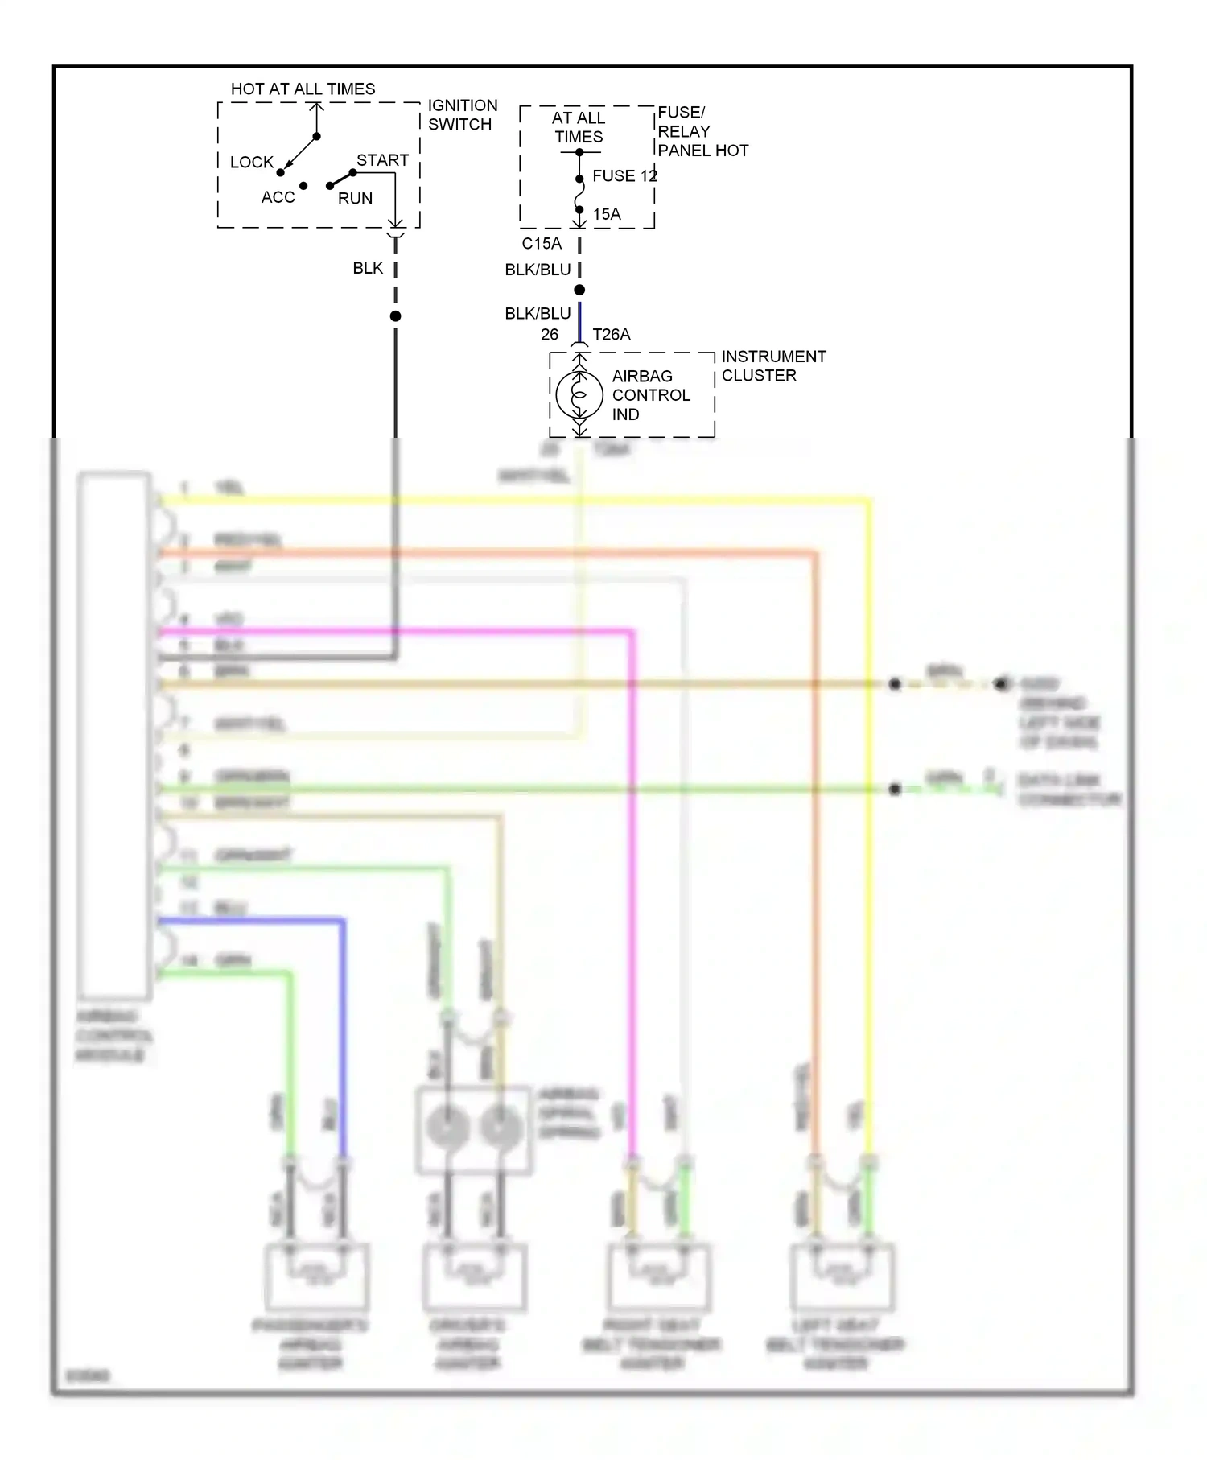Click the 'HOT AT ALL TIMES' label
(x=303, y=89)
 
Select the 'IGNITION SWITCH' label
(x=462, y=114)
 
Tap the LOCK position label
(x=251, y=162)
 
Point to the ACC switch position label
(x=278, y=197)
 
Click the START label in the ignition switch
(x=382, y=160)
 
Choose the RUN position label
(x=355, y=198)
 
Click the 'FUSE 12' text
(x=624, y=175)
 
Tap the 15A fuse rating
(x=607, y=214)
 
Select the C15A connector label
(x=542, y=243)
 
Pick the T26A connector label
(x=612, y=334)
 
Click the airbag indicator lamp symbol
(x=579, y=394)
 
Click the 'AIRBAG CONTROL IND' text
(x=650, y=394)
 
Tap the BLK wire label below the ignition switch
(x=368, y=268)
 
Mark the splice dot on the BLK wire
(x=395, y=316)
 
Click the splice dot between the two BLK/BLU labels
(x=579, y=290)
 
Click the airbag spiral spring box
(x=473, y=1129)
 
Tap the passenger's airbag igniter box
(x=316, y=1277)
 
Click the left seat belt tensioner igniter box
(x=842, y=1277)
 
